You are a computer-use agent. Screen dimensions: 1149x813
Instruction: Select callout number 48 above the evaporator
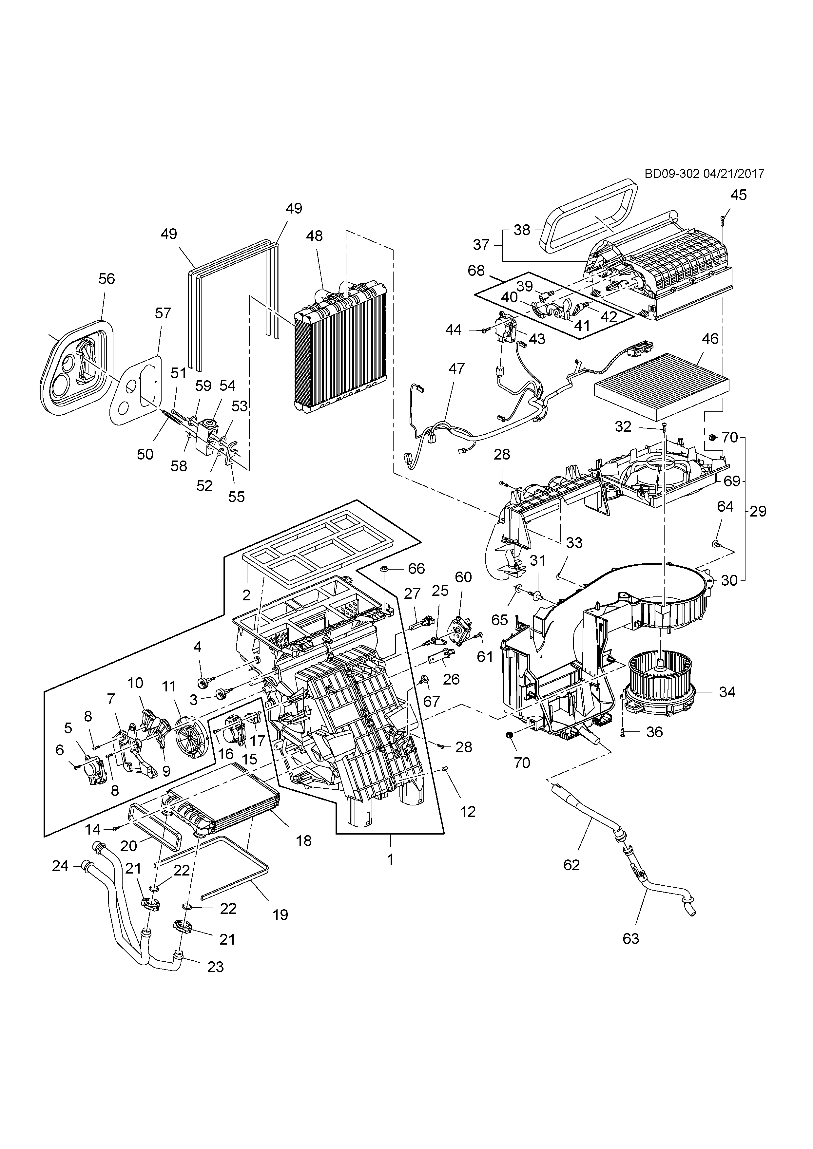tap(314, 236)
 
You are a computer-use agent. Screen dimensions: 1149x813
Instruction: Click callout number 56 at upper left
tap(106, 279)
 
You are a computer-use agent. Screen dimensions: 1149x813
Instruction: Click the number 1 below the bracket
tap(390, 860)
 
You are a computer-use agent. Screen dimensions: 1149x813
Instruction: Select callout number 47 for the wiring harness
tap(456, 369)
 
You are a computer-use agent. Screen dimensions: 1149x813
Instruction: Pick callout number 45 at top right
tap(738, 195)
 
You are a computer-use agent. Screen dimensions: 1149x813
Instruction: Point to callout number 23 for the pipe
tap(215, 967)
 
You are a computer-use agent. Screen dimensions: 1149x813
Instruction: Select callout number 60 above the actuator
tap(463, 577)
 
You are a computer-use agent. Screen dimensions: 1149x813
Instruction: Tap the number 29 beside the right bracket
tap(758, 511)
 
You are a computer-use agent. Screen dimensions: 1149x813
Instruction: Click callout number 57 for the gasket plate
tap(163, 313)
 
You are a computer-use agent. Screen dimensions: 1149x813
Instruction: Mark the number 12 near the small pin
tap(468, 811)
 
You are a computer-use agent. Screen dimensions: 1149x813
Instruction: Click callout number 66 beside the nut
tap(416, 569)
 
